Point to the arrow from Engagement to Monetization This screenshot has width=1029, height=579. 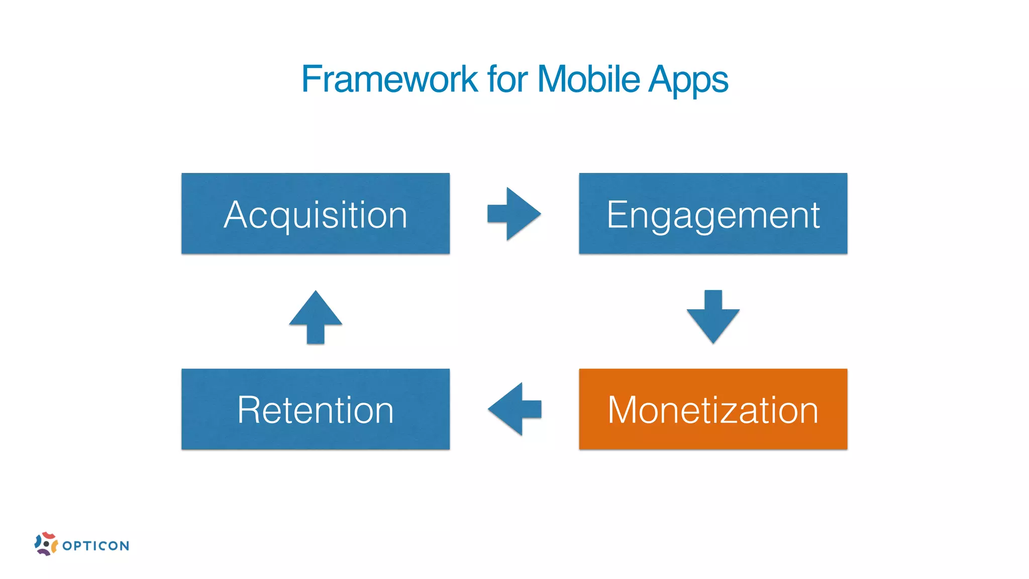pyautogui.click(x=713, y=317)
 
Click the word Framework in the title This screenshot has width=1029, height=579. pyautogui.click(x=389, y=79)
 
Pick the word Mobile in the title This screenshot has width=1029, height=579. pyautogui.click(x=588, y=79)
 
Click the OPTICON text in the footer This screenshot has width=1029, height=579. pyautogui.click(x=96, y=546)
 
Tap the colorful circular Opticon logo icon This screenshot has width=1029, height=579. pyautogui.click(x=46, y=544)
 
